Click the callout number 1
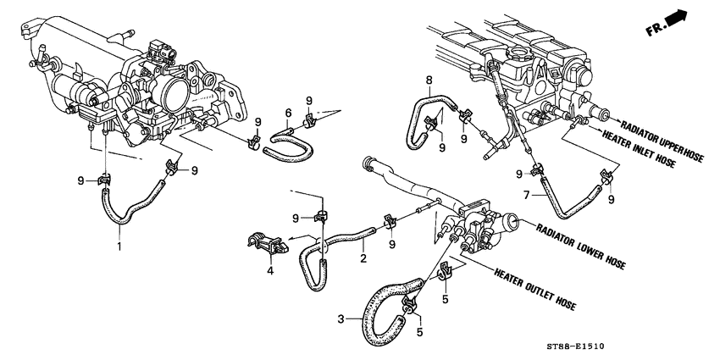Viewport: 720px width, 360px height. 119,246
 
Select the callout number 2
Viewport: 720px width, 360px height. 362,256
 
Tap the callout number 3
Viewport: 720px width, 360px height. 341,319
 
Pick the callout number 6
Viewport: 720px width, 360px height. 288,113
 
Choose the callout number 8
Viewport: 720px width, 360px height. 429,81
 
